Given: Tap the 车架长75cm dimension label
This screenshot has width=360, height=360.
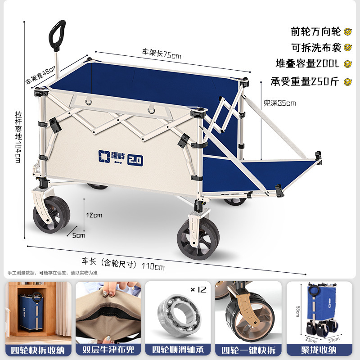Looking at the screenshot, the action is pyautogui.click(x=162, y=54).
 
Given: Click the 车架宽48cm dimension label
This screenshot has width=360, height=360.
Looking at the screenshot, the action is pyautogui.click(x=40, y=75).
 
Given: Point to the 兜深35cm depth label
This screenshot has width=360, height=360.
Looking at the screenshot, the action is pyautogui.click(x=279, y=103).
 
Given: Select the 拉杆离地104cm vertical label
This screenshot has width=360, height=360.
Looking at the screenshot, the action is pyautogui.click(x=18, y=137).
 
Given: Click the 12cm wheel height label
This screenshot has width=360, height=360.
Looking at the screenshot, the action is pyautogui.click(x=94, y=215).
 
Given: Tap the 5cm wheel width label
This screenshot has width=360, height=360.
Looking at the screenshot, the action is pyautogui.click(x=78, y=235).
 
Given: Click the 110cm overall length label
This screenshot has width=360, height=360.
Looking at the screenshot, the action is pyautogui.click(x=153, y=266).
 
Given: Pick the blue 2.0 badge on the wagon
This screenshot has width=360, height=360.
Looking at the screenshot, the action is pyautogui.click(x=135, y=160).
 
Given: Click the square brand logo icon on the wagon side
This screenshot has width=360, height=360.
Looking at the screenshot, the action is pyautogui.click(x=104, y=156).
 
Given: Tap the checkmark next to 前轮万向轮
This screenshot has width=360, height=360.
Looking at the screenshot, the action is pyautogui.click(x=348, y=31).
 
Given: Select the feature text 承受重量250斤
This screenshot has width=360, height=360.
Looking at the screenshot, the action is pyautogui.click(x=305, y=81).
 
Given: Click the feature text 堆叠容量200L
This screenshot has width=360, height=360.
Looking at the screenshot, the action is pyautogui.click(x=307, y=63).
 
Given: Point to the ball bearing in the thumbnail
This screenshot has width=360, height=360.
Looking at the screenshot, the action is pyautogui.click(x=179, y=315).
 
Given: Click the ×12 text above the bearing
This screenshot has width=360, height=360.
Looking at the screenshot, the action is pyautogui.click(x=198, y=290).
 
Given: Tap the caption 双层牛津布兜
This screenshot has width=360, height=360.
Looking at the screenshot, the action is pyautogui.click(x=108, y=350).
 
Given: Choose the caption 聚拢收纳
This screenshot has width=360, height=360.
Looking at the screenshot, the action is pyautogui.click(x=319, y=350).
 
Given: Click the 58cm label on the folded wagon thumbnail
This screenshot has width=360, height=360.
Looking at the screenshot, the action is pyautogui.click(x=298, y=311).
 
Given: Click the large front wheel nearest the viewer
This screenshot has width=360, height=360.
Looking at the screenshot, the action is pyautogui.click(x=198, y=239).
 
